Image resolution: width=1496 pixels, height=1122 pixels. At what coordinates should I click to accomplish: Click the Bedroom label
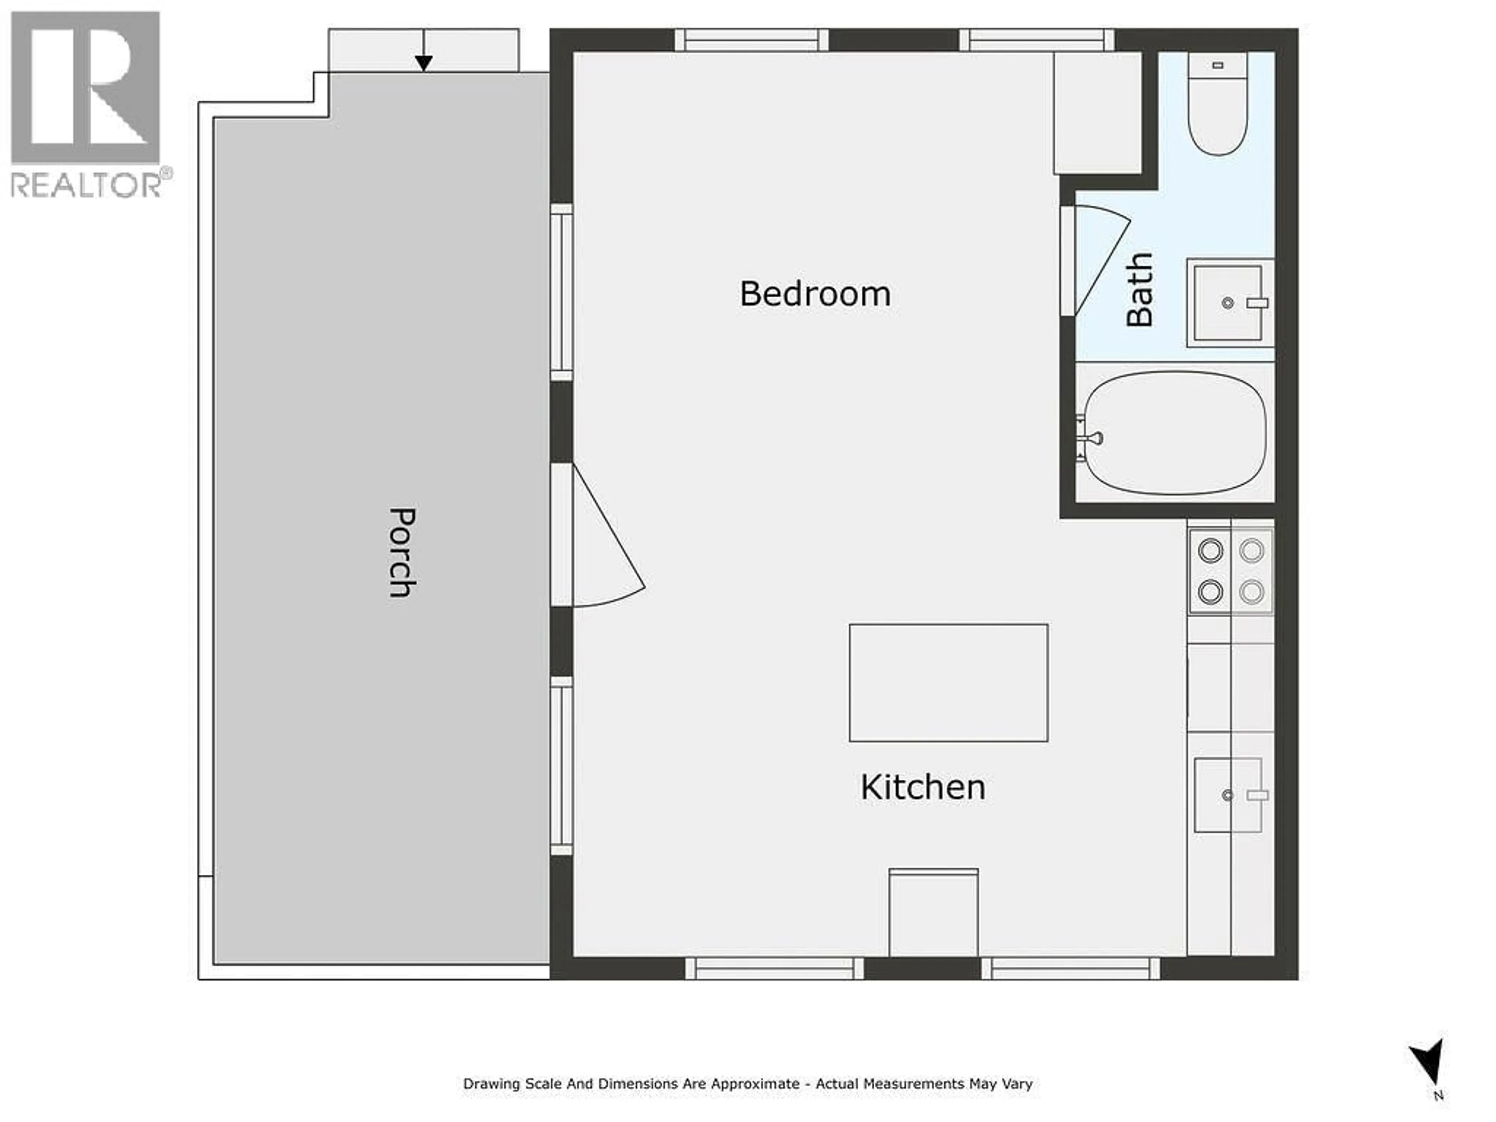(x=815, y=294)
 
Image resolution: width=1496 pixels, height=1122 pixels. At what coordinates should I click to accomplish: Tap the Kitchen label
(x=923, y=788)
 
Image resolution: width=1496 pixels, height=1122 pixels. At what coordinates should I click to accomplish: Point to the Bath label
(x=1140, y=289)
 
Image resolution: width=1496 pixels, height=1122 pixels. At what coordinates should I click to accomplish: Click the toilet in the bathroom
(x=1217, y=105)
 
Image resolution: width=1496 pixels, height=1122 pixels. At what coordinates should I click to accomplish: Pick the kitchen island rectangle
(x=948, y=683)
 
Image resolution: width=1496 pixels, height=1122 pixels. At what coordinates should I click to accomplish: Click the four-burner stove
(x=1231, y=572)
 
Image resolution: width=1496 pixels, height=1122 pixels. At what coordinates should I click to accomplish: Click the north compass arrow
(x=1429, y=1062)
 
